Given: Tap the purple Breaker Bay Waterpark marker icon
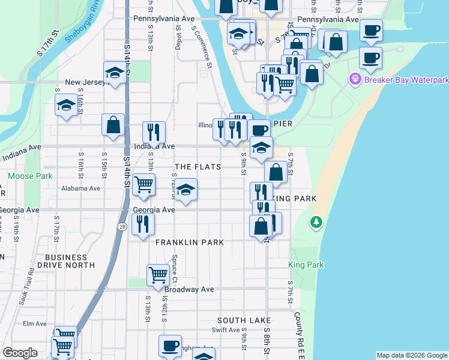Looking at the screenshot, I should pos(355,79).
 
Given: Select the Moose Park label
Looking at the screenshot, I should pos(30,176).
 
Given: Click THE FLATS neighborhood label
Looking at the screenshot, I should pos(197,167).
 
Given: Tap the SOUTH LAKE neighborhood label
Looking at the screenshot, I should pos(244,321).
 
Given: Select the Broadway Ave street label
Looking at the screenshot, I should pos(189,289).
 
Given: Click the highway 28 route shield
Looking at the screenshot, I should pos(122,226).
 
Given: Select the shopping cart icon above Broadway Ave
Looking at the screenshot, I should pos(158,275).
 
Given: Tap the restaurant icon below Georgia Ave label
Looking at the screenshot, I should pos(143,224).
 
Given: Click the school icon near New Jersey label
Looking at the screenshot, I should pos(114,73).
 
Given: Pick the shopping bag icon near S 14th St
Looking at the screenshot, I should pos(113,125).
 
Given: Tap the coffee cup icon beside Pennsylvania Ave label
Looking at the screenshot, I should pos(372,29).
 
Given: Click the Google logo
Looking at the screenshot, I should pos(20,353).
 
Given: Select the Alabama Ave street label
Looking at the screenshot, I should pos(81,188).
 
